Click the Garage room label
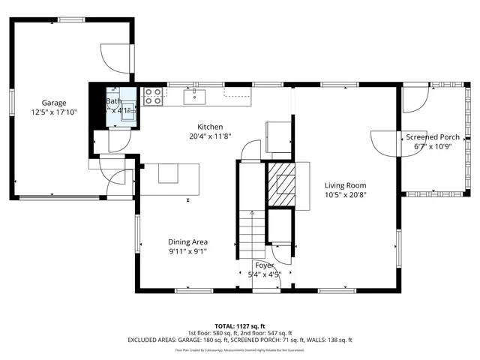[x=54, y=103]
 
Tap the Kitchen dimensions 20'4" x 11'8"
[x=210, y=136]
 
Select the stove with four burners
[x=154, y=94]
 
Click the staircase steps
[x=251, y=232]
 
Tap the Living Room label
[x=345, y=185]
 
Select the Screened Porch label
[x=433, y=137]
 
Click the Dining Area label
[x=187, y=241]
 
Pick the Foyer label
[x=264, y=265]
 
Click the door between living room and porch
[x=385, y=141]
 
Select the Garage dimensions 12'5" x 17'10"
[x=54, y=112]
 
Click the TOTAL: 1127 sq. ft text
[x=240, y=326]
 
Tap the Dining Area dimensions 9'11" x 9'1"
[x=187, y=251]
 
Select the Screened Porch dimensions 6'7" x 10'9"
[x=433, y=147]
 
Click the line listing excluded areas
[x=240, y=340]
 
